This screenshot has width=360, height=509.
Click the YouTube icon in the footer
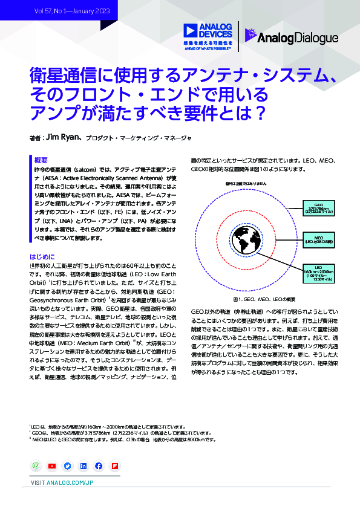pos(52,466)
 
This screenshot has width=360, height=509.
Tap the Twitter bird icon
pos(67,466)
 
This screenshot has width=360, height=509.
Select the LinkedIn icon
pos(83,466)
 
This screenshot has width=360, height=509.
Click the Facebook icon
pos(98,466)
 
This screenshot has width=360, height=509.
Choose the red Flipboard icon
pos(114,466)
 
